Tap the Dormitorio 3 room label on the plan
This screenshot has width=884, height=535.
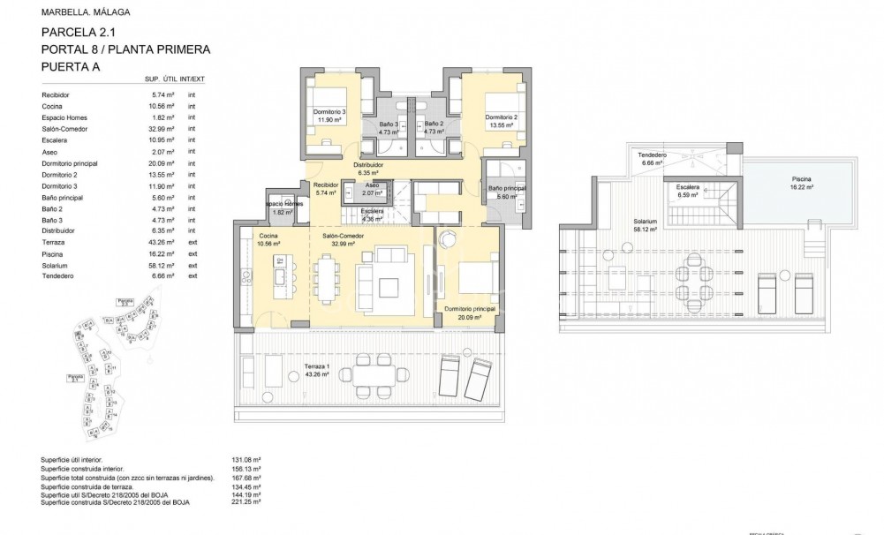[329, 112]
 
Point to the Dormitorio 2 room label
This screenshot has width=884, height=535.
[500, 117]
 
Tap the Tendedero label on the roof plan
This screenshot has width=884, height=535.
[652, 155]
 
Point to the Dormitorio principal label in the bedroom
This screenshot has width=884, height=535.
[469, 309]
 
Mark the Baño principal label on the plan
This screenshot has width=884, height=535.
[507, 188]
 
